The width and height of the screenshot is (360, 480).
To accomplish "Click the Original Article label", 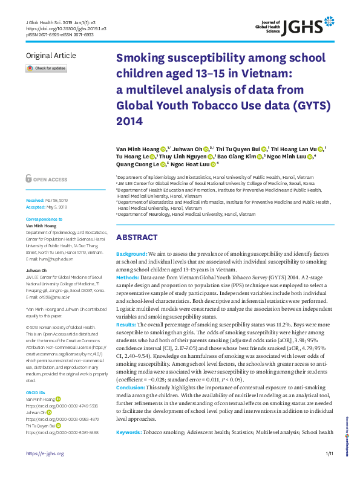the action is click(51, 56).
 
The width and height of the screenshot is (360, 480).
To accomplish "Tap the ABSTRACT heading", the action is click(137, 238).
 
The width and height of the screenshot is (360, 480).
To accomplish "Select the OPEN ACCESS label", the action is click(50, 180).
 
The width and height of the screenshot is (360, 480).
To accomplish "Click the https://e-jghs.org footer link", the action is click(44, 470).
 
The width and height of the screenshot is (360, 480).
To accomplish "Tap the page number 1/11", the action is click(329, 470).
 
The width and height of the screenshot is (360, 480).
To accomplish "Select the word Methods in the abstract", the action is click(129, 292).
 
